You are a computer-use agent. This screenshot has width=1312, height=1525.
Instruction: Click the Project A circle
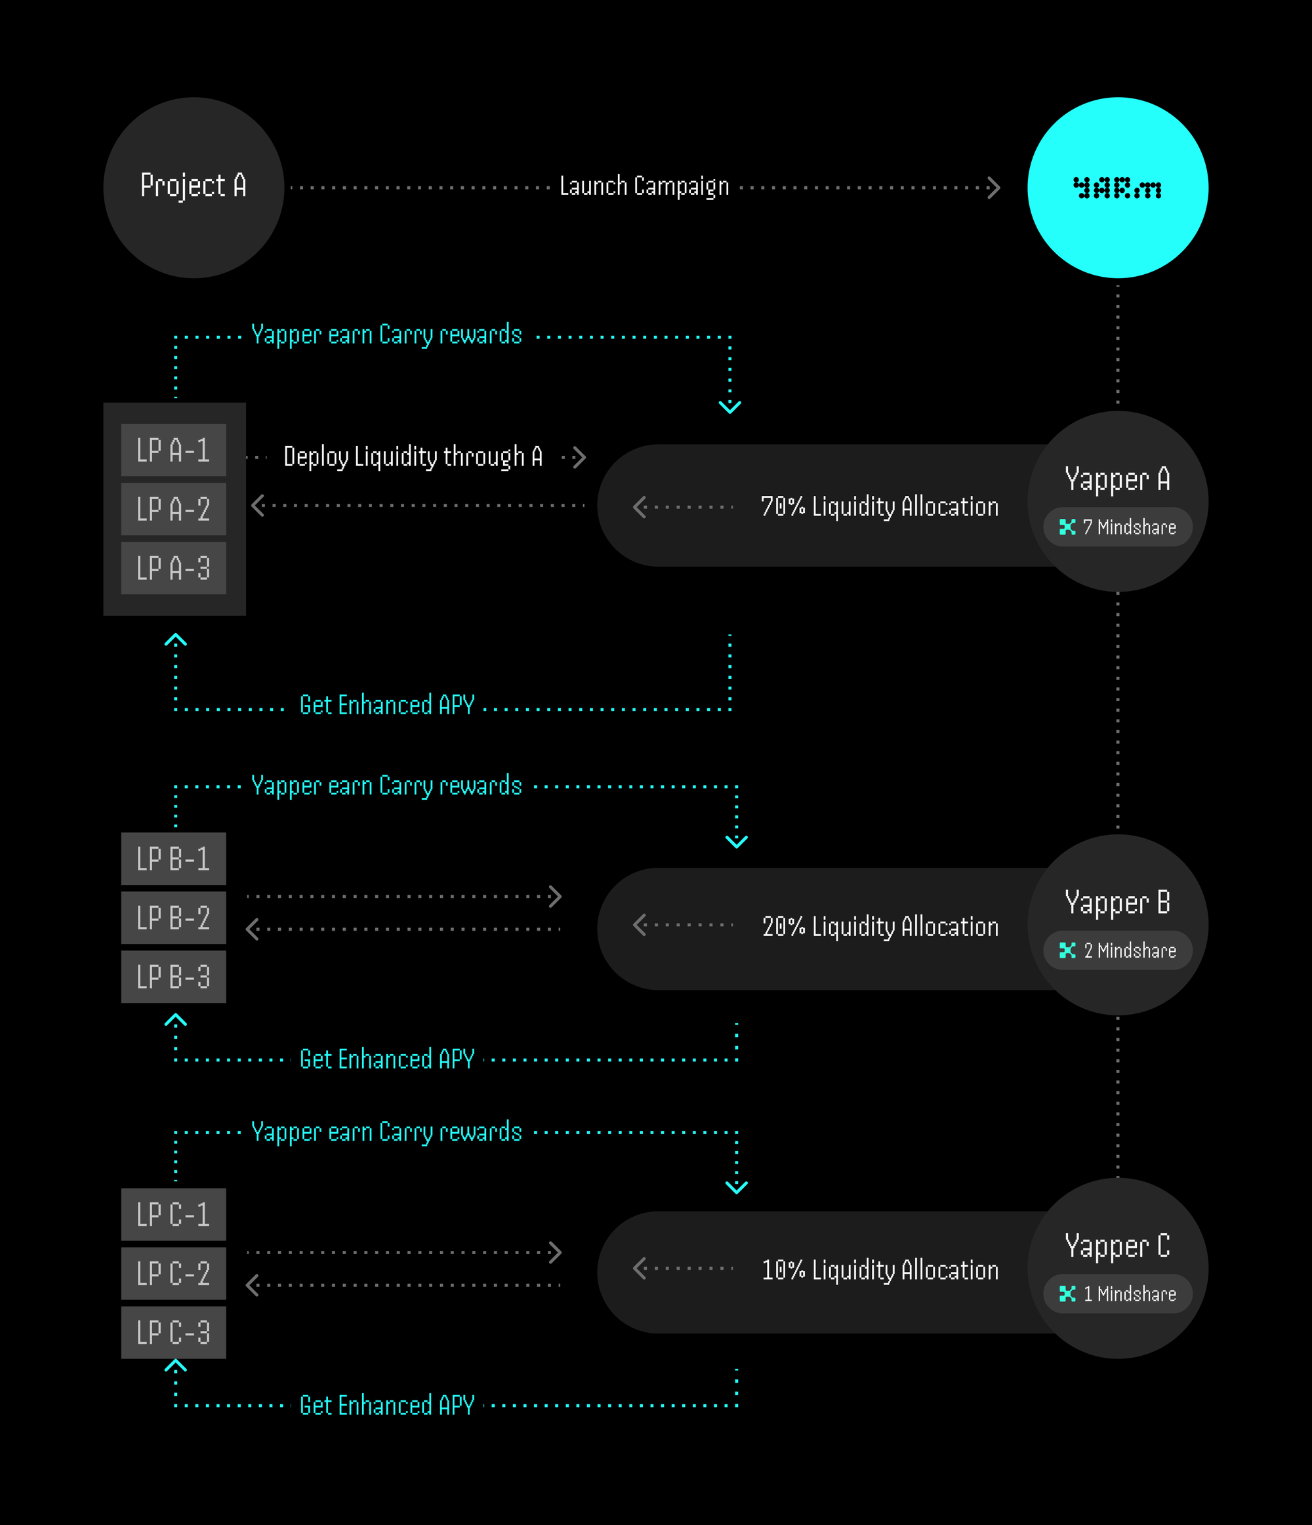tap(194, 188)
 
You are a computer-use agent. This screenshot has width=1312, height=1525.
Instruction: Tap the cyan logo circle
tap(1118, 188)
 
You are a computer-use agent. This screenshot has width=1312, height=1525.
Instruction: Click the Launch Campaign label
tap(644, 187)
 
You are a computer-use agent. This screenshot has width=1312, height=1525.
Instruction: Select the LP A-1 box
tap(174, 450)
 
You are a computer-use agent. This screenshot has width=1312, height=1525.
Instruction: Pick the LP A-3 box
tap(174, 568)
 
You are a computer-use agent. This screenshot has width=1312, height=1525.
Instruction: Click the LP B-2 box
tap(174, 918)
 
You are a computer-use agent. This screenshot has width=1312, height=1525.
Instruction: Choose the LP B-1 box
tap(174, 859)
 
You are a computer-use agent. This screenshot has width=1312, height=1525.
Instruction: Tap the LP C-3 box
tap(174, 1332)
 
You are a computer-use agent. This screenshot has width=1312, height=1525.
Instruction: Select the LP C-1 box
tap(174, 1214)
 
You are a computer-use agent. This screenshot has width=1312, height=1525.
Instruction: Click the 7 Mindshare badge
tap(1118, 527)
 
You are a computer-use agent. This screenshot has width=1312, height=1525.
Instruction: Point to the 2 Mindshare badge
tap(1118, 950)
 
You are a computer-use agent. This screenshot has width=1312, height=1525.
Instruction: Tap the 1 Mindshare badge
tap(1118, 1294)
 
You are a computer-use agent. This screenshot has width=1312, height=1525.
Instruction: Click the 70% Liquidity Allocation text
tap(880, 507)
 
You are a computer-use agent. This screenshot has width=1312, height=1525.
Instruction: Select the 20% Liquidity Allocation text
tap(880, 927)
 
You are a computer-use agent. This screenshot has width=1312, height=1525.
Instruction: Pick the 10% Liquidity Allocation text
tap(880, 1271)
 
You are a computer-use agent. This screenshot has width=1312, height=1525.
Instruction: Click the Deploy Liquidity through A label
tap(413, 457)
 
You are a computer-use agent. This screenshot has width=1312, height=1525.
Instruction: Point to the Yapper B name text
tap(1118, 903)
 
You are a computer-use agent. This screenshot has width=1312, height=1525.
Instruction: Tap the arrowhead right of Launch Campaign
tap(994, 188)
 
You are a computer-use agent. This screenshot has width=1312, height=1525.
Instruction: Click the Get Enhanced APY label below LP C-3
tap(387, 1405)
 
